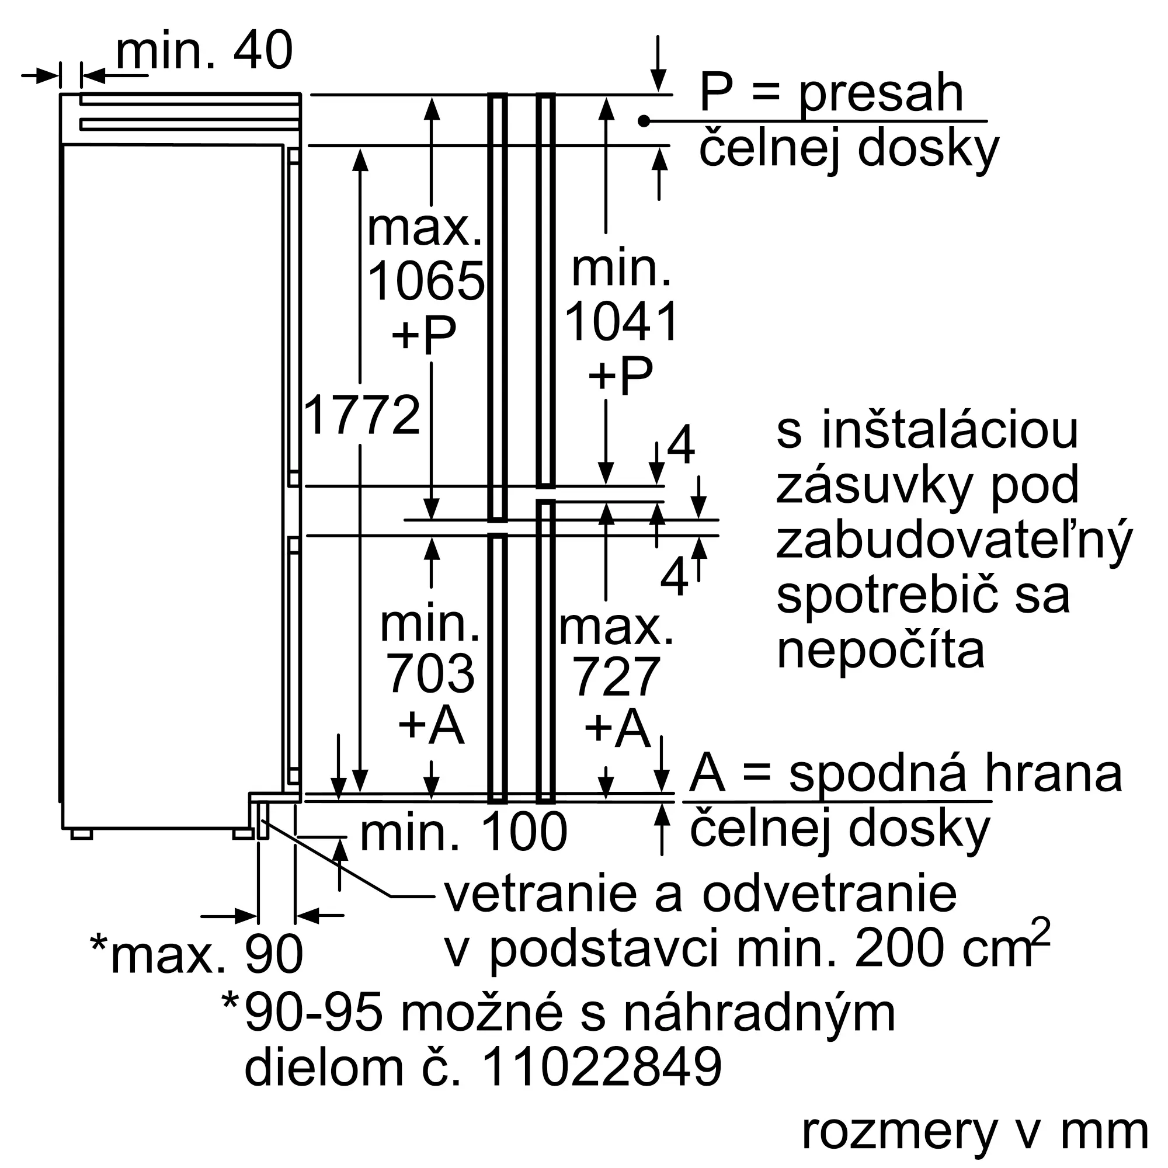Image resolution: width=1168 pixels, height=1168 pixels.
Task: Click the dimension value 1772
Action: [x=361, y=415]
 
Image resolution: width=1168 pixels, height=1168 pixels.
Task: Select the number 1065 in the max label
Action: [x=426, y=281]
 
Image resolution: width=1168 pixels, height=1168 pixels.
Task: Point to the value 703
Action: [x=430, y=674]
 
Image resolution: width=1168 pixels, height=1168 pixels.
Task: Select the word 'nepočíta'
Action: [x=881, y=651]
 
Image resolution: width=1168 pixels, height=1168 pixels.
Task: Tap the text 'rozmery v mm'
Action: [x=975, y=1132]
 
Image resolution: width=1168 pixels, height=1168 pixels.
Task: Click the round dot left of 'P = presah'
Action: [x=644, y=121]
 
